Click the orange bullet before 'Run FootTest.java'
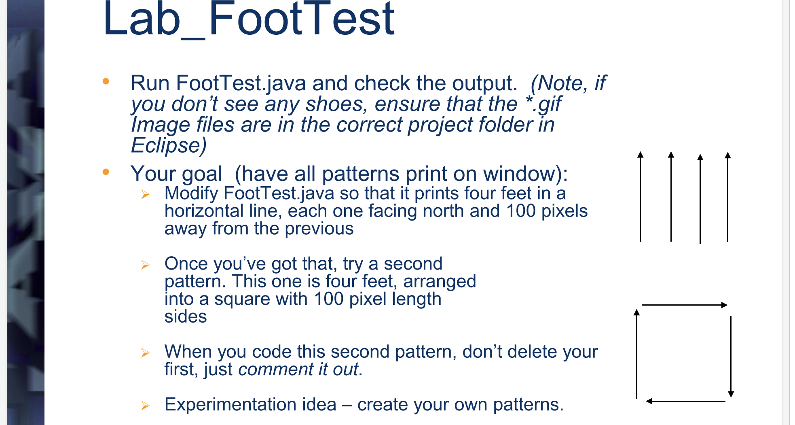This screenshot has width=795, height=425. point(106,81)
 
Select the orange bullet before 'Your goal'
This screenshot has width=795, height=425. point(106,172)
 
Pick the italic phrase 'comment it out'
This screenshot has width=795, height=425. point(298,369)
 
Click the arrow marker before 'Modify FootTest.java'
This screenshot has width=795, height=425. point(146,195)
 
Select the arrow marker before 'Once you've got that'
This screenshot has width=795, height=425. point(146,265)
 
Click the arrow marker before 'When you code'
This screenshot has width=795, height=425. point(146,353)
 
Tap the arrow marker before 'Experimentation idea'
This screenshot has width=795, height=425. point(146,406)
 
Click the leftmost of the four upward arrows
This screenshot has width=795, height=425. point(640,197)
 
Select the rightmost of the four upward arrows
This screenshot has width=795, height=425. point(727,197)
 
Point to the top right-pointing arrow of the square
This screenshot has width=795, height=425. point(685,305)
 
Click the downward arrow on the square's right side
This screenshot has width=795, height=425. point(731,357)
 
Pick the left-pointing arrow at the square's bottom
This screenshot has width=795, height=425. point(685,401)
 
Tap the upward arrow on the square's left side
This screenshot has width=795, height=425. point(637,354)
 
